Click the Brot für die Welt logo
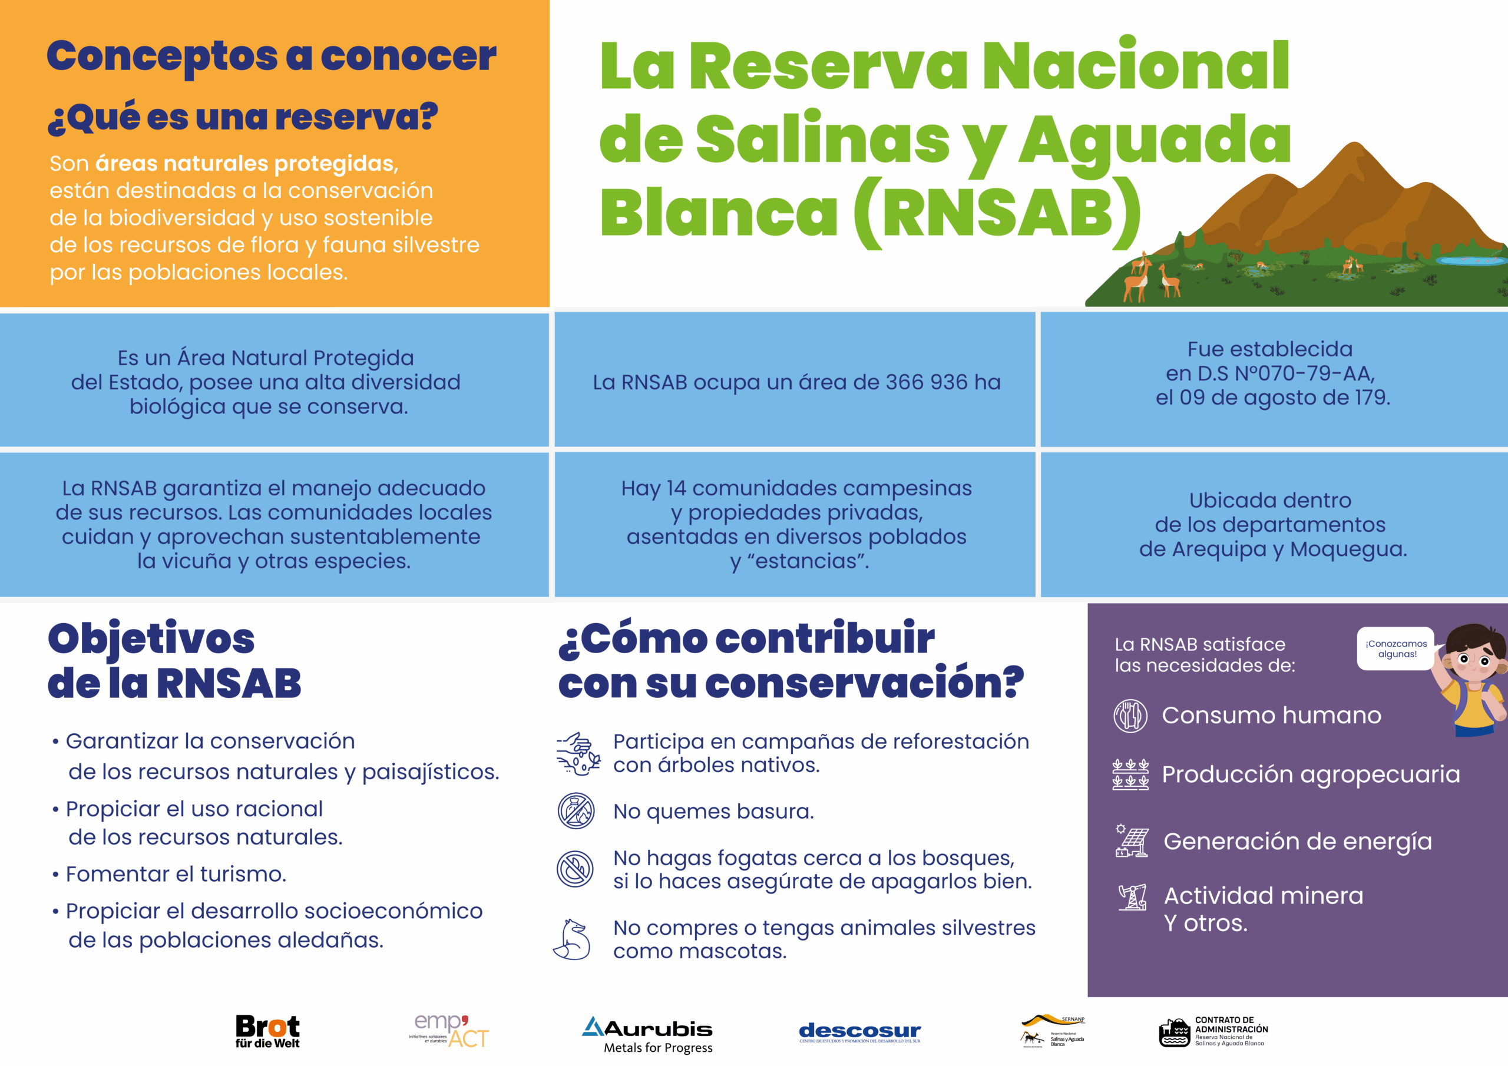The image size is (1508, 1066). (267, 1031)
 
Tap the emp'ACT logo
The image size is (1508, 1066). (449, 1031)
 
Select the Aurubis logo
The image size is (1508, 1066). (647, 1034)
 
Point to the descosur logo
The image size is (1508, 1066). (860, 1031)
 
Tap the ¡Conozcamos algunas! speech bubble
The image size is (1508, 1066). (1396, 648)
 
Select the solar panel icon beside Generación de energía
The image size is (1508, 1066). (1132, 840)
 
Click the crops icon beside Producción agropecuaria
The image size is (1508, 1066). (1130, 774)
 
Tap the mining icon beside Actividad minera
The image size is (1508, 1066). (1132, 897)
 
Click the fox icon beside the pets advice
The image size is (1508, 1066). (573, 939)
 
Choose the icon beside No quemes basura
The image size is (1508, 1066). (576, 811)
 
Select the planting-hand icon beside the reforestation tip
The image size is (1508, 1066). (578, 753)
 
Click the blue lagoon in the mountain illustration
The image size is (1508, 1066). (1470, 260)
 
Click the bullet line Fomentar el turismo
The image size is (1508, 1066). (176, 874)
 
